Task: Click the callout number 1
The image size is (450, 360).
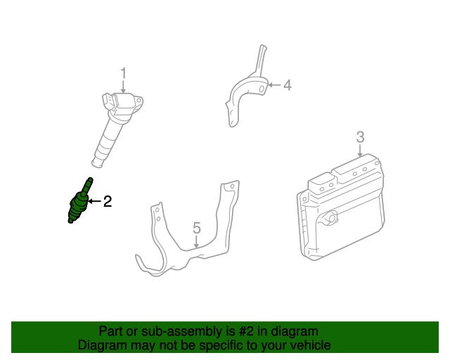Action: pyautogui.click(x=123, y=73)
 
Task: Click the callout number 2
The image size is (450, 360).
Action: pyautogui.click(x=108, y=202)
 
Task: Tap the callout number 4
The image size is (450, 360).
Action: pyautogui.click(x=287, y=86)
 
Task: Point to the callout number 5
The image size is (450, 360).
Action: pyautogui.click(x=197, y=227)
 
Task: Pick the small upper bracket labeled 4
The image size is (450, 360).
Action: pyautogui.click(x=246, y=88)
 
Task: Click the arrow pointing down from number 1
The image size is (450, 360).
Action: pyautogui.click(x=123, y=87)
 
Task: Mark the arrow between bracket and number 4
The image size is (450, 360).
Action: pyautogui.click(x=274, y=86)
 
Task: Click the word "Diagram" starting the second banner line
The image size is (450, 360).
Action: pyautogui.click(x=101, y=345)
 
